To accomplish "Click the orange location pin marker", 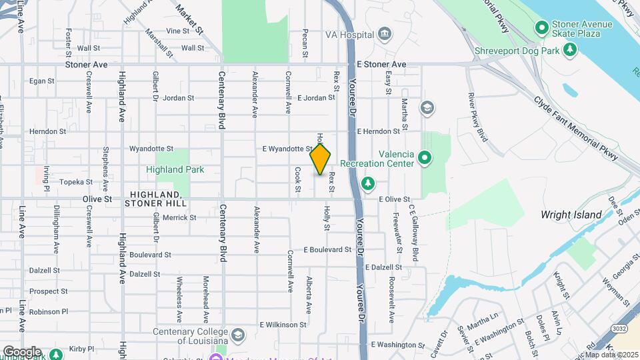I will coord(321,159).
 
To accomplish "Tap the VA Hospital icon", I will coord(384,34).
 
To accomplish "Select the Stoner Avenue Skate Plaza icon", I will coord(542,28).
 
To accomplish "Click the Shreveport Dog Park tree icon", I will coord(569,50).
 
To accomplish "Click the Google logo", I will coord(22,351).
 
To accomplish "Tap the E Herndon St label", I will coord(382,132).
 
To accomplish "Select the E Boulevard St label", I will coord(327,250).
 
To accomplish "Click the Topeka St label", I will coord(76,181).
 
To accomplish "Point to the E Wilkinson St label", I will coord(283,325).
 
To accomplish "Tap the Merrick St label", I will coord(179,217).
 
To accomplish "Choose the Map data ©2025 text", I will coord(610,355).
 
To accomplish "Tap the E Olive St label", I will coord(394,199).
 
